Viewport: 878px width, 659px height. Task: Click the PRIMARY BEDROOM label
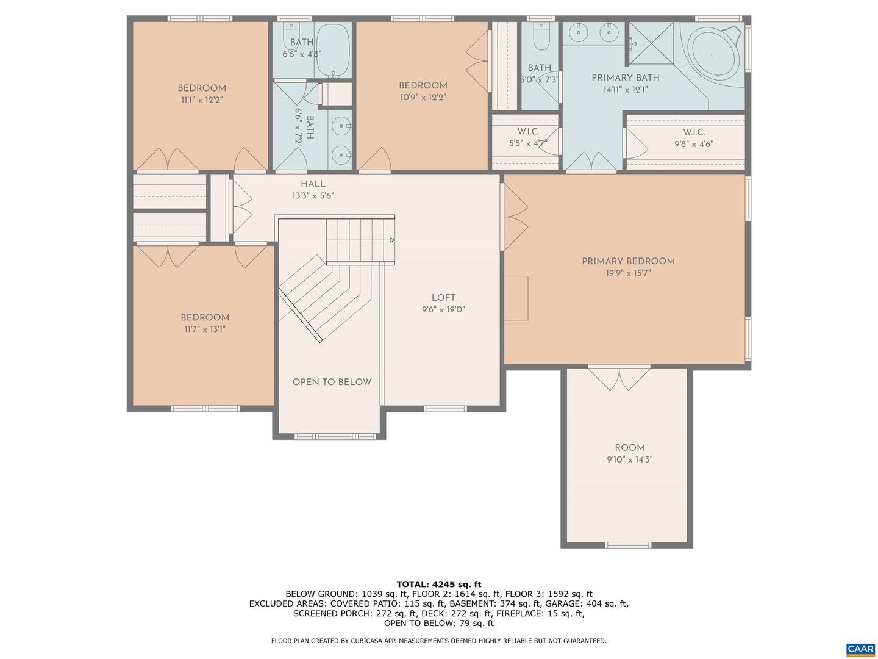coord(628,261)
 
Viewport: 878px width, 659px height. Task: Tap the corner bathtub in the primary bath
coord(713,54)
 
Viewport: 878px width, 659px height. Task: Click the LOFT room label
coord(443,298)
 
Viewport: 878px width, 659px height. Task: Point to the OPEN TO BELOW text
coord(332,382)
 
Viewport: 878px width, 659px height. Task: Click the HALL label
coord(313,184)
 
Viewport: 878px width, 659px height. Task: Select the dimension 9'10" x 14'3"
coord(629,459)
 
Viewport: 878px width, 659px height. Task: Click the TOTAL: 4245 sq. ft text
coord(438,584)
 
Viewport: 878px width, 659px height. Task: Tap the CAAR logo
coord(860,649)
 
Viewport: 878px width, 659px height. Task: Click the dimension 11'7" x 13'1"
coord(205,329)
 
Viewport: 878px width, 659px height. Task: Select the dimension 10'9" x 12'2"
coord(423,97)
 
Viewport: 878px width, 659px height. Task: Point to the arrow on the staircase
coord(391,240)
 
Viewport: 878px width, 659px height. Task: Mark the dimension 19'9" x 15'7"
coord(628,273)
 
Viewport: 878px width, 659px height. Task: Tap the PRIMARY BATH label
coord(625,77)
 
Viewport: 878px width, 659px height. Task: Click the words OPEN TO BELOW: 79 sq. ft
coord(438,623)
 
